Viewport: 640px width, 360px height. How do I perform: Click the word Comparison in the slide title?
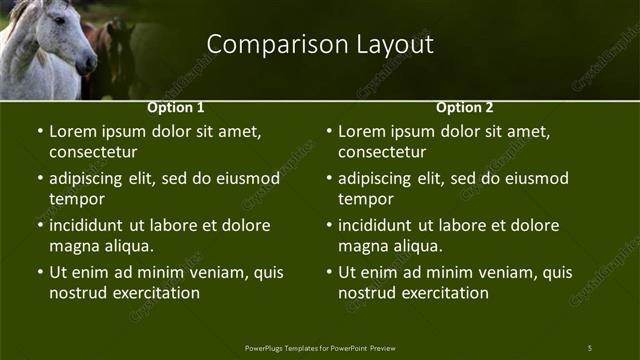pos(262,45)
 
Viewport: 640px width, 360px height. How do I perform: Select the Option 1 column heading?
pos(176,107)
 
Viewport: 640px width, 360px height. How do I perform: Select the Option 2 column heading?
pos(465,107)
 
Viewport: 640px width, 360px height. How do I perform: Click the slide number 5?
pos(589,347)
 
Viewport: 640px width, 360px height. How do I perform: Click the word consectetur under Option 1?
pos(93,152)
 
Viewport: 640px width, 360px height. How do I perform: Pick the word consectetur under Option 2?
pos(382,152)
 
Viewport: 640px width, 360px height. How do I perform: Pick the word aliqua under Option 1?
pos(125,246)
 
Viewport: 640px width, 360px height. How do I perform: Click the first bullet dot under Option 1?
pos(40,132)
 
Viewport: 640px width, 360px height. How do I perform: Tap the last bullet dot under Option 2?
pos(329,272)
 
